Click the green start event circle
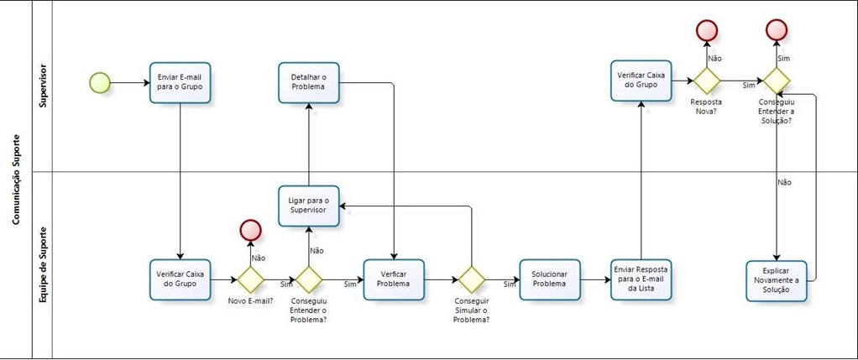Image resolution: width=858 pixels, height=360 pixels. pyautogui.click(x=100, y=82)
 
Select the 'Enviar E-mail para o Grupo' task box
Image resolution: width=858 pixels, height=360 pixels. pyautogui.click(x=180, y=82)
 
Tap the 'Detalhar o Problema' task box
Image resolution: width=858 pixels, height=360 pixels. pyautogui.click(x=308, y=82)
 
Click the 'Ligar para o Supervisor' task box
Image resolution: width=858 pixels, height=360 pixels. pyautogui.click(x=308, y=206)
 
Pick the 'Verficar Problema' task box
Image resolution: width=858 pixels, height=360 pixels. pyautogui.click(x=394, y=279)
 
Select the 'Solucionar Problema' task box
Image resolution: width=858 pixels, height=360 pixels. pyautogui.click(x=550, y=279)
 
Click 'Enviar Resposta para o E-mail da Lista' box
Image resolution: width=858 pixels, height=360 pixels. pyautogui.click(x=641, y=279)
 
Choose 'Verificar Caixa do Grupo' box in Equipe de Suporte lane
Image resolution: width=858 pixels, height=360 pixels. pyautogui.click(x=180, y=279)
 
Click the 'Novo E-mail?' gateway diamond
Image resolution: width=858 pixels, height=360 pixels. pyautogui.click(x=250, y=279)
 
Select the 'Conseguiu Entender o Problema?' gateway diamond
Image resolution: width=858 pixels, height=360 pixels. pyautogui.click(x=308, y=279)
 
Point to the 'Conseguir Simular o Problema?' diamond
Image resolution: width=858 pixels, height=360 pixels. pyautogui.click(x=471, y=279)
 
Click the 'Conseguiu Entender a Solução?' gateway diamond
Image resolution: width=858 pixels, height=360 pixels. pyautogui.click(x=777, y=81)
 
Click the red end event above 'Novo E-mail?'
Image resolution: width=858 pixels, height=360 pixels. pyautogui.click(x=250, y=230)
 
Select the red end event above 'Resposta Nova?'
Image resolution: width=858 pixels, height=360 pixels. pyautogui.click(x=707, y=31)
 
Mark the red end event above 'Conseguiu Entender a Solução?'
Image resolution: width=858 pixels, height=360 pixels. pyautogui.click(x=777, y=31)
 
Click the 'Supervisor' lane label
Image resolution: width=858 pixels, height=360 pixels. pyautogui.click(x=43, y=86)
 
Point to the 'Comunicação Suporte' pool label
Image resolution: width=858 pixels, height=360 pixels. pyautogui.click(x=15, y=180)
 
